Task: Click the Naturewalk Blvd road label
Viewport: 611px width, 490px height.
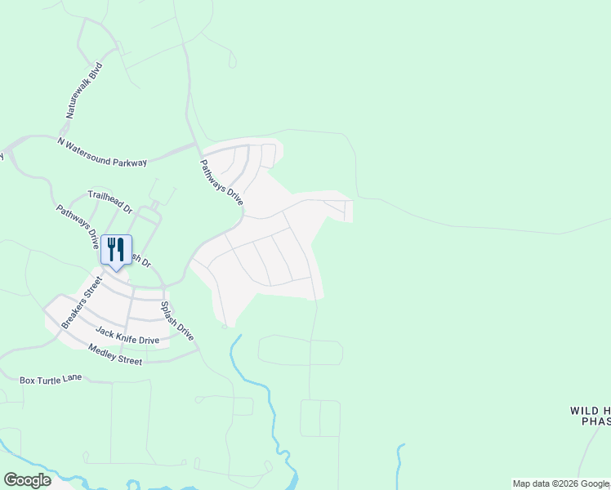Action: pos(85,91)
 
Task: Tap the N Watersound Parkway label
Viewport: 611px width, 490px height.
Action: pos(102,153)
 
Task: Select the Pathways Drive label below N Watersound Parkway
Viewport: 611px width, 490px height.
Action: pos(221,182)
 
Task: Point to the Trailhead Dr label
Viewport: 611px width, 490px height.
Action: pos(110,202)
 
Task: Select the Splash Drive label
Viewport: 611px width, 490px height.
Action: pos(176,321)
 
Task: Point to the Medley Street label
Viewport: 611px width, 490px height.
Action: pos(115,354)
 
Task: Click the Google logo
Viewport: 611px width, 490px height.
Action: pos(27,480)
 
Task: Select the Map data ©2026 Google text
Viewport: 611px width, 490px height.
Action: pos(561,483)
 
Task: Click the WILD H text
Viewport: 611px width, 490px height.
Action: pos(590,410)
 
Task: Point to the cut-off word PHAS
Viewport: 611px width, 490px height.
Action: pos(595,421)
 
